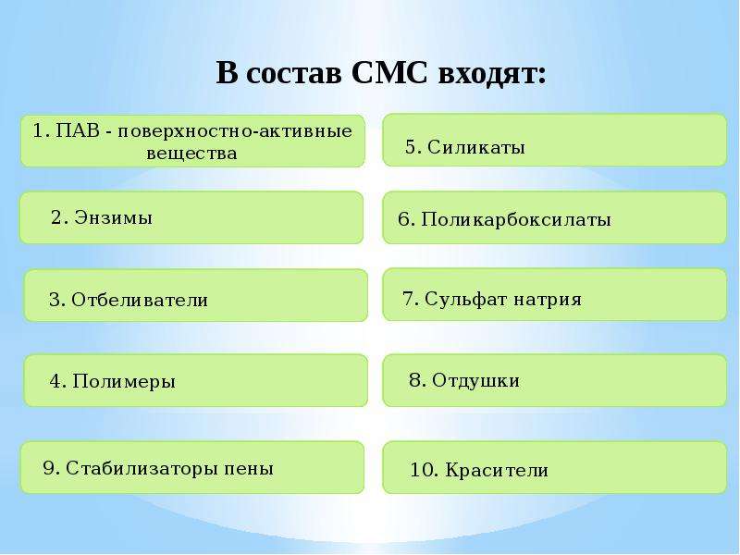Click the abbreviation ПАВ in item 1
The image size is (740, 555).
78,130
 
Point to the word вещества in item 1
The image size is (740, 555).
191,154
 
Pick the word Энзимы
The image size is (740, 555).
114,217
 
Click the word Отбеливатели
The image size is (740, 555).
140,300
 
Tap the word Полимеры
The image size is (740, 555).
124,381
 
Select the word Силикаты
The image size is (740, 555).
476,147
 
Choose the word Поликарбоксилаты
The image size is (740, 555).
516,219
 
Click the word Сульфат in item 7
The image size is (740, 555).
466,299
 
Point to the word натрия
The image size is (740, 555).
548,300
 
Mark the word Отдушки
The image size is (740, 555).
475,380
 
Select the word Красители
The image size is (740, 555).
497,471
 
